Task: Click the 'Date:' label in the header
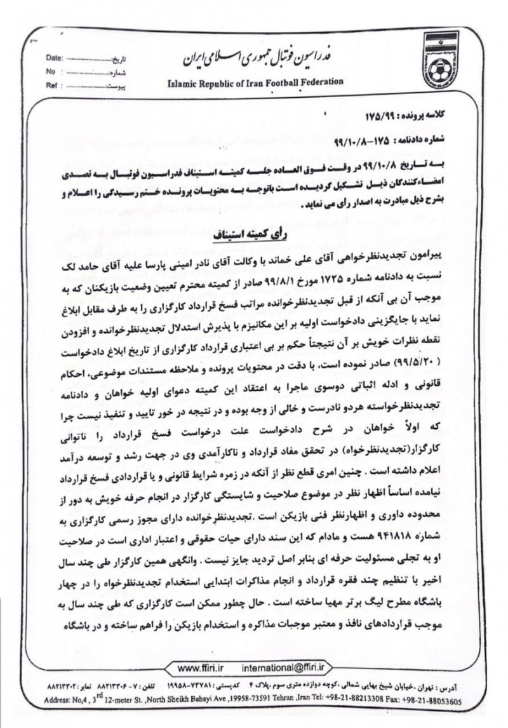[x=55, y=58]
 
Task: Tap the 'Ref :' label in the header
[x=53, y=84]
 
